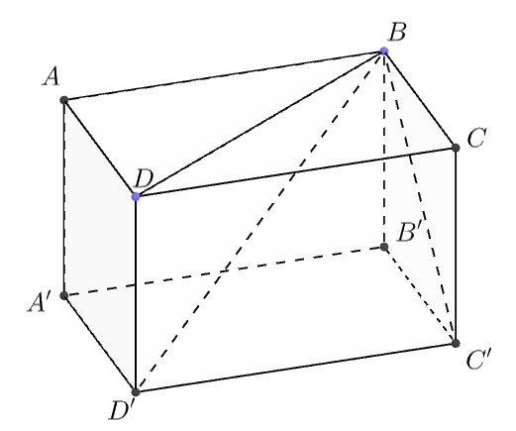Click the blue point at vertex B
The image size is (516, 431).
pyautogui.click(x=384, y=51)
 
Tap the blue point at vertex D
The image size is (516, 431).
pyautogui.click(x=136, y=196)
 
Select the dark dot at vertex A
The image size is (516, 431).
pyautogui.click(x=64, y=100)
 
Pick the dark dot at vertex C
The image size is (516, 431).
pyautogui.click(x=456, y=148)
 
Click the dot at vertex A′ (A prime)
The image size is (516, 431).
pyautogui.click(x=64, y=295)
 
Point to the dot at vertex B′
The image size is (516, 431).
pyautogui.click(x=384, y=247)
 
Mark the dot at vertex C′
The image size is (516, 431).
pyautogui.click(x=456, y=343)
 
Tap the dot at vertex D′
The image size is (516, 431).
pyautogui.click(x=136, y=392)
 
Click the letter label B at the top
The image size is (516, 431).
pyautogui.click(x=397, y=33)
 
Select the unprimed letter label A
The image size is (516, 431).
pyautogui.click(x=52, y=77)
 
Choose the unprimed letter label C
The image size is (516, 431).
pyautogui.click(x=476, y=138)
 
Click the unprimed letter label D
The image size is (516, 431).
pyautogui.click(x=143, y=179)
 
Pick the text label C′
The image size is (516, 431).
pyautogui.click(x=479, y=360)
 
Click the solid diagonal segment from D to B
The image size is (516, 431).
pyautogui.click(x=259, y=124)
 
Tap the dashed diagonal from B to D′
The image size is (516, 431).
pyautogui.click(x=259, y=221)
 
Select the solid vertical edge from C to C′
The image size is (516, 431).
pyautogui.click(x=456, y=246)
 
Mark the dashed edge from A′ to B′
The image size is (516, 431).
pyautogui.click(x=224, y=270)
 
